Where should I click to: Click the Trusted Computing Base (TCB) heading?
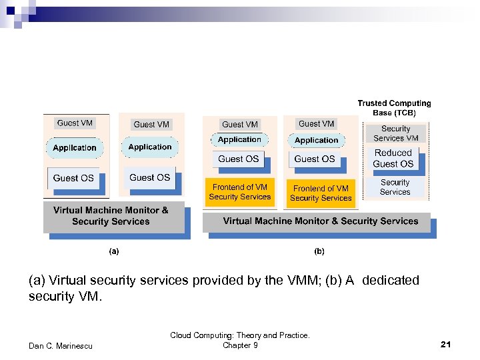[x=394, y=108]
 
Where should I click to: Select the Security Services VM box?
[x=395, y=133]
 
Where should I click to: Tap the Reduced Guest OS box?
[x=393, y=158]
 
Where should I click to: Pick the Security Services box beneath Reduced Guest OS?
[x=395, y=187]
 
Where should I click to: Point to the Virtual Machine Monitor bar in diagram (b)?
[x=320, y=221]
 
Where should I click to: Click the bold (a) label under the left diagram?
[x=114, y=252]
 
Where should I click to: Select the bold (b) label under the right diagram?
[x=319, y=252]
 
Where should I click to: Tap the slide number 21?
[x=446, y=344]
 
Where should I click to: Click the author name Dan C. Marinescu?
[x=61, y=345]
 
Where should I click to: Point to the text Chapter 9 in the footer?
[x=240, y=345]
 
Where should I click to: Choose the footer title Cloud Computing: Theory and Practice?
[x=240, y=335]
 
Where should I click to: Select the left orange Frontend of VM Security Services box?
[x=240, y=192]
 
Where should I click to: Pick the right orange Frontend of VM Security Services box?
[x=321, y=193]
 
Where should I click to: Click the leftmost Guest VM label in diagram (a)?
[x=75, y=123]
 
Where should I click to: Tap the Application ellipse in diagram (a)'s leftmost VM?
[x=75, y=148]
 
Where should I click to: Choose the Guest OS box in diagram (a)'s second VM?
[x=149, y=177]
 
